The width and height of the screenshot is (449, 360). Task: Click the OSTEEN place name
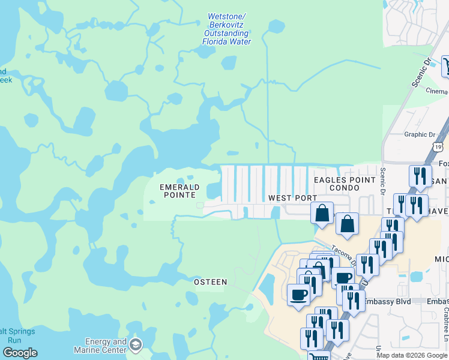pyautogui.click(x=210, y=282)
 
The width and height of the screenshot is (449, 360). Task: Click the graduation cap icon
pyautogui.click(x=136, y=345)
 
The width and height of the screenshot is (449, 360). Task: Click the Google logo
pyautogui.click(x=20, y=353)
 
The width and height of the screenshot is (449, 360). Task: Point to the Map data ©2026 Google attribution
pyautogui.click(x=412, y=355)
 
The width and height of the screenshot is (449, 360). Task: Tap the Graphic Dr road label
pyautogui.click(x=419, y=134)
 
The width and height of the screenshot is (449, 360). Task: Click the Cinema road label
pyautogui.click(x=436, y=91)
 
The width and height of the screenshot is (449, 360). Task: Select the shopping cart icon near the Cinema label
pyautogui.click(x=446, y=65)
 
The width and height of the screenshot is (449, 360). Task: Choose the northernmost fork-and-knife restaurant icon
pyautogui.click(x=419, y=175)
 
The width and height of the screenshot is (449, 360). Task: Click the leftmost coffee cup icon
pyautogui.click(x=298, y=295)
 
